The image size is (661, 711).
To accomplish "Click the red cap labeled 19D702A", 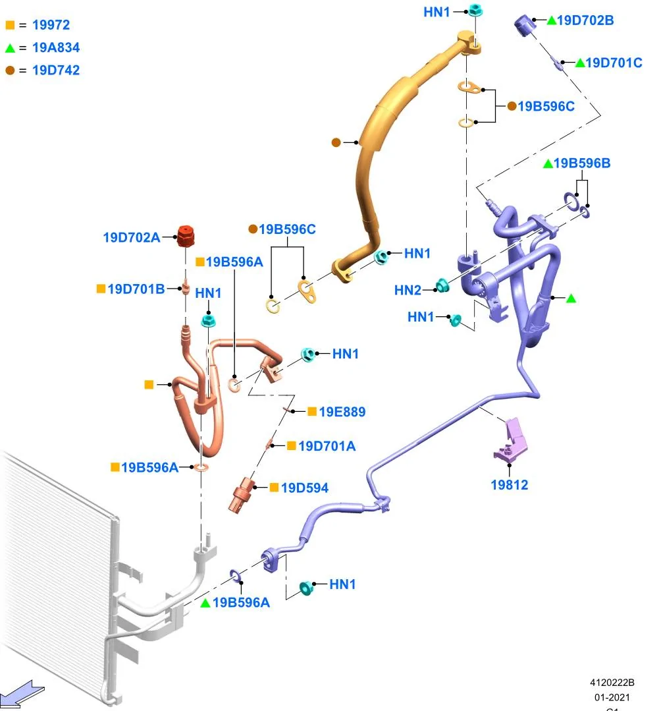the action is (185, 237).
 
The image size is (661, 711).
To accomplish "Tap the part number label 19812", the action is (509, 485).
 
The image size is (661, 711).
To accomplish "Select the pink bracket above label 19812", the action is (511, 440).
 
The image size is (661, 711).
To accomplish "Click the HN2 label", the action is (408, 290).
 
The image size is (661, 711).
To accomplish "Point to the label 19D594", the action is (304, 488).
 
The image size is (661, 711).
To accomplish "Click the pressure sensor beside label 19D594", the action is (243, 494).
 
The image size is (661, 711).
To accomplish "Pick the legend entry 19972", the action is (51, 25).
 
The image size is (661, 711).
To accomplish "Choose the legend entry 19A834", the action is (56, 47).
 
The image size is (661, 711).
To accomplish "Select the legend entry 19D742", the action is (56, 71).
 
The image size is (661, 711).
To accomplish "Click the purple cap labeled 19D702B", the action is (525, 25).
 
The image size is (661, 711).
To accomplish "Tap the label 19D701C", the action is (614, 63).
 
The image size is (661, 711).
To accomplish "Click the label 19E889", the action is (342, 412).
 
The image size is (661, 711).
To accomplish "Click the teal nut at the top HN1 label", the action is (475, 10).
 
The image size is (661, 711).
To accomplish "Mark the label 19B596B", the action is (582, 163).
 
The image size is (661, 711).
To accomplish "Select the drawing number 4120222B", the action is (612, 683).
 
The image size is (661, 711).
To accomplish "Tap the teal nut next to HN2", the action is (441, 286).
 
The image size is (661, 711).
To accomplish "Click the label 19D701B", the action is (136, 289).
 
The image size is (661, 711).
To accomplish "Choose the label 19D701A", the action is (327, 446).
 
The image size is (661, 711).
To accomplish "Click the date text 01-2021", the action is (612, 697).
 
